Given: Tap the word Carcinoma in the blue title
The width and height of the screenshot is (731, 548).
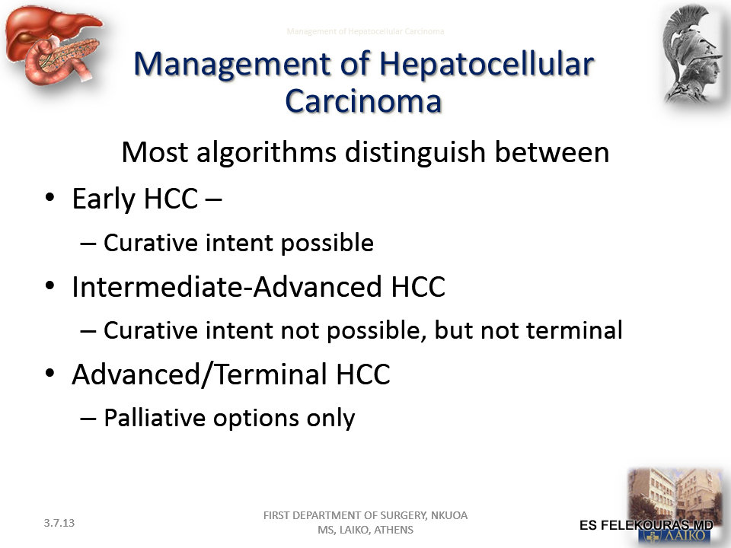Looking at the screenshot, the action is (363, 101).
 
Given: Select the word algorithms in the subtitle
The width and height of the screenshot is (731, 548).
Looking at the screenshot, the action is (267, 153).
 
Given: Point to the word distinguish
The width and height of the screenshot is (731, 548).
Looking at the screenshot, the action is (416, 153).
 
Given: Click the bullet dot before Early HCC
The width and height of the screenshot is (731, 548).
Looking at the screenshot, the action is (50, 197).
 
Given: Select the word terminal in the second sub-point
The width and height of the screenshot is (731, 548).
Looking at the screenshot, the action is (574, 330).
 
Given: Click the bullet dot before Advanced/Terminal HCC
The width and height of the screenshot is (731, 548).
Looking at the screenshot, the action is (50, 372).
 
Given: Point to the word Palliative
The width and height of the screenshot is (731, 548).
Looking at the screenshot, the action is (155, 418).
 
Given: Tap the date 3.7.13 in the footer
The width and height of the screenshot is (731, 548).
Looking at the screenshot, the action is (59, 523).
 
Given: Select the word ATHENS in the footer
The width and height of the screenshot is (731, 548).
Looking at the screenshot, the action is (394, 530).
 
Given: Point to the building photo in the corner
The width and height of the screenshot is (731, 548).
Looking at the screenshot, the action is (675, 505).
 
